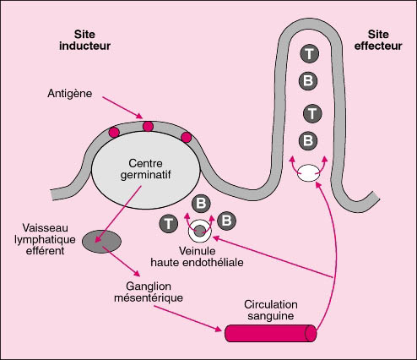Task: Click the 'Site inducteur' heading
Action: (x=84, y=41)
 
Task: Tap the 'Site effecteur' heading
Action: (x=378, y=41)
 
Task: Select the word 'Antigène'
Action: (x=70, y=94)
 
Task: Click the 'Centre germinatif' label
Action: (x=145, y=169)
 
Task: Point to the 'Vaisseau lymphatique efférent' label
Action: (x=45, y=239)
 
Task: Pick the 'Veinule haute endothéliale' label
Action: (x=197, y=257)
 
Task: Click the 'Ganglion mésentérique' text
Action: (x=149, y=292)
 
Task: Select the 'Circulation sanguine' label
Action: (x=271, y=310)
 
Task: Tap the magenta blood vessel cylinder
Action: (x=271, y=333)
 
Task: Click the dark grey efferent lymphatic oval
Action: (x=101, y=242)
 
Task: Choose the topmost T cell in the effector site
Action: (x=309, y=53)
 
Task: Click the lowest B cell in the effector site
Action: (x=308, y=140)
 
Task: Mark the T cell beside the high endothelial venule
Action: (x=168, y=224)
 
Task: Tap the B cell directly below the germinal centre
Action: (x=201, y=204)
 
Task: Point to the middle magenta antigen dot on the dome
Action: (x=148, y=127)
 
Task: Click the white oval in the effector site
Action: (x=308, y=172)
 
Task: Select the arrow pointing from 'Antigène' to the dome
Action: (x=122, y=107)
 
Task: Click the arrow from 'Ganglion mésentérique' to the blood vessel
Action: (x=188, y=319)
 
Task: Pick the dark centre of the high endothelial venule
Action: (x=200, y=231)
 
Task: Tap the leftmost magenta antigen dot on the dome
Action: (x=114, y=132)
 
